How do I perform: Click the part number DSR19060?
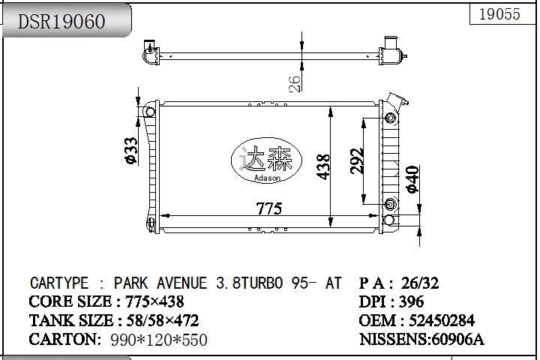pos(61,22)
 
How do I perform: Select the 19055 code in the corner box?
pos(499,14)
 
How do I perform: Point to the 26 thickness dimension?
pos(295,82)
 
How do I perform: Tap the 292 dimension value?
pos(358,160)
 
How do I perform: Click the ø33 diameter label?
pos(130,151)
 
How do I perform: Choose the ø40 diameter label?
pos(412,180)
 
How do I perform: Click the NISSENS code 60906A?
pos(455,339)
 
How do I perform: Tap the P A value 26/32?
pos(420,283)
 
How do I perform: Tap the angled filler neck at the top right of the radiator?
pos(395,103)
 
